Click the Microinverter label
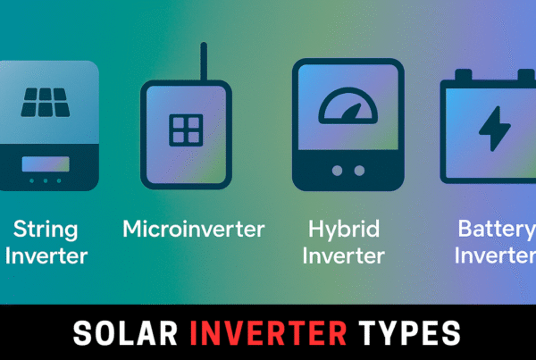[x=194, y=229]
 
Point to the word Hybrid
[x=343, y=229]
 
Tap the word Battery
[x=496, y=229]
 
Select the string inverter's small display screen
[x=45, y=163]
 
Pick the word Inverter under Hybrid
[x=343, y=256]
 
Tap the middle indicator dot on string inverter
[x=45, y=180]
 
